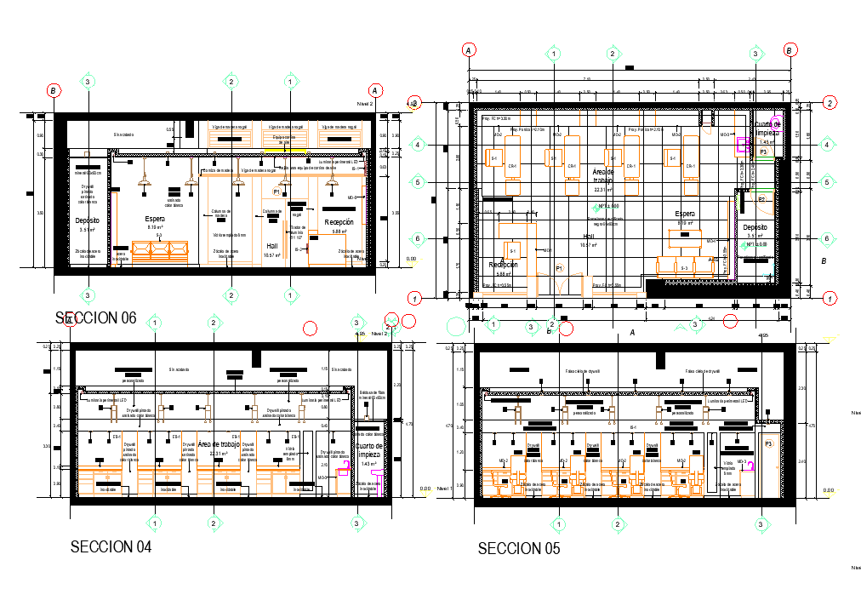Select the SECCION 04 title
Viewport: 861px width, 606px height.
coord(111,547)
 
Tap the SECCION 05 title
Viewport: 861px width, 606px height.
coord(518,549)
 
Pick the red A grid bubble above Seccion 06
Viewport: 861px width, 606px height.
coord(374,90)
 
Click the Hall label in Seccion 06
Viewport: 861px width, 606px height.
coord(272,246)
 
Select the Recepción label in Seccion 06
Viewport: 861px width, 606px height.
coord(339,222)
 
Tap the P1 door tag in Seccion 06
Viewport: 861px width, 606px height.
coord(277,193)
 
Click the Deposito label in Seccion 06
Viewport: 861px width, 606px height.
coord(88,220)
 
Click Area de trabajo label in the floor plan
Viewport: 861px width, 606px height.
coord(603,176)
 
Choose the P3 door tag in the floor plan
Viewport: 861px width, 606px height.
coord(763,151)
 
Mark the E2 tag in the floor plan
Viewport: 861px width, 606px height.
coord(762,199)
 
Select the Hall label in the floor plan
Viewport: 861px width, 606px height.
coord(589,237)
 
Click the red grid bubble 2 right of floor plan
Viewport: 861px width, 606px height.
coord(830,104)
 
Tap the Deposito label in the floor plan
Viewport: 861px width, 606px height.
coord(754,227)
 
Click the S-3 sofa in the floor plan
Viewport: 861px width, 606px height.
coord(683,266)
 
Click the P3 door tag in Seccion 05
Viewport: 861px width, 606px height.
coord(768,444)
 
